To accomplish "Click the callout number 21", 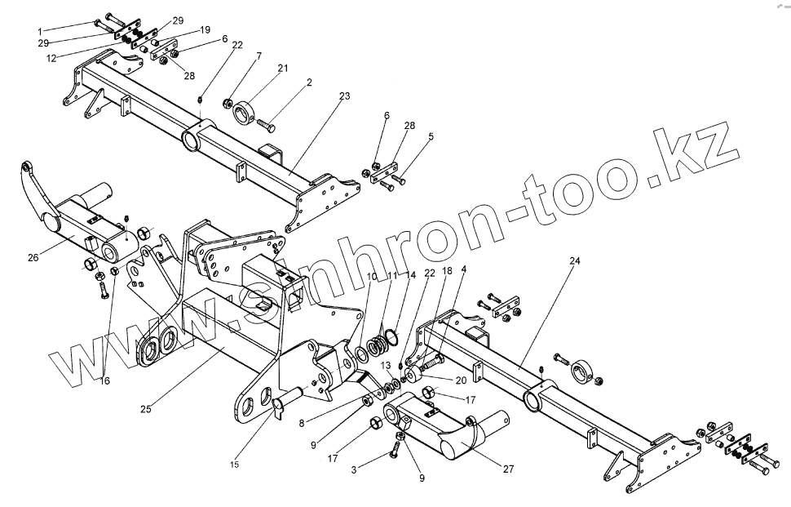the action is (x=283, y=69).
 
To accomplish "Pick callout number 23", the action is (x=345, y=96).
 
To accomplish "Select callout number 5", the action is (x=430, y=136).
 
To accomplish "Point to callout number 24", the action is (x=574, y=261).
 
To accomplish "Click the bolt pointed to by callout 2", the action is (x=266, y=127).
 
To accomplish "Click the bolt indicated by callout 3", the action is (x=400, y=445).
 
